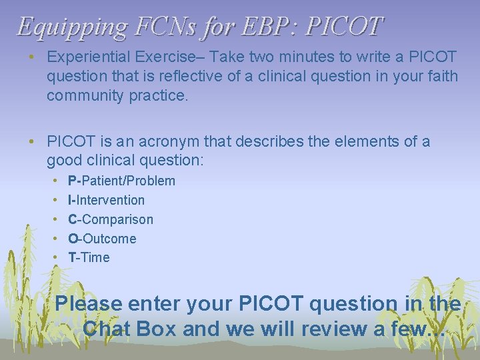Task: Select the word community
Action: pyautogui.click(x=84, y=96)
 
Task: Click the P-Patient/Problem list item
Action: pyautogui.click(x=122, y=181)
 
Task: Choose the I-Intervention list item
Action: pyautogui.click(x=107, y=200)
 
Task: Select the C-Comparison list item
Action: pyautogui.click(x=111, y=219)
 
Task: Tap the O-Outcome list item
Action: pyautogui.click(x=102, y=239)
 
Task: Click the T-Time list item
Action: pyautogui.click(x=89, y=257)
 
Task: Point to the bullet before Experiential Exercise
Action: pyautogui.click(x=31, y=57)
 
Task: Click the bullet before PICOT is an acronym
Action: pyautogui.click(x=31, y=141)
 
